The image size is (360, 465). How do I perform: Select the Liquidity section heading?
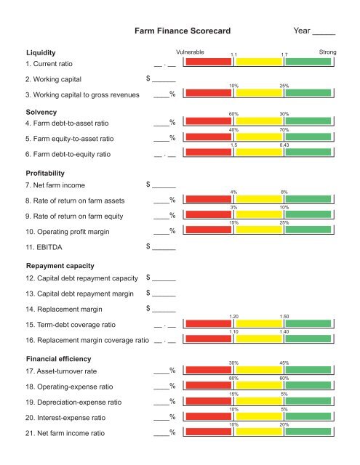pos(41,53)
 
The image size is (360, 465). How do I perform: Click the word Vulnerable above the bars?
pos(190,52)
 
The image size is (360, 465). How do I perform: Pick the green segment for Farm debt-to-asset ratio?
pos(308,121)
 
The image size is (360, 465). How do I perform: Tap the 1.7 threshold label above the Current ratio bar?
pos(286,54)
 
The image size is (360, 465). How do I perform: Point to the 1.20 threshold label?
pos(234,317)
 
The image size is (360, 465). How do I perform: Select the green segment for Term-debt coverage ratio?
pos(308,324)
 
